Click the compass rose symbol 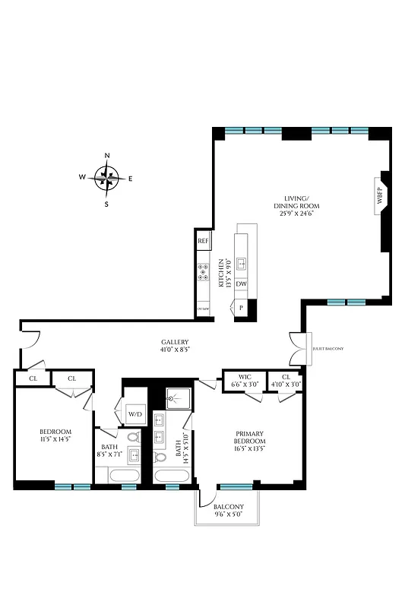[107, 179]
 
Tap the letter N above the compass [107, 156]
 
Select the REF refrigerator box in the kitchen [203, 241]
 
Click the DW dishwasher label [241, 284]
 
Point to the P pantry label [241, 308]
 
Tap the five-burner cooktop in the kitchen [204, 273]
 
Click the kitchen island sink [242, 264]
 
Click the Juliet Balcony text [328, 349]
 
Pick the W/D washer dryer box [136, 414]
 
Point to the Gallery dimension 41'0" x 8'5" [175, 350]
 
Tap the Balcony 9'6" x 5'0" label [228, 511]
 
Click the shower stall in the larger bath [179, 398]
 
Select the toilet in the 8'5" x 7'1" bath [133, 439]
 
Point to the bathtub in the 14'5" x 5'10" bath [172, 477]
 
